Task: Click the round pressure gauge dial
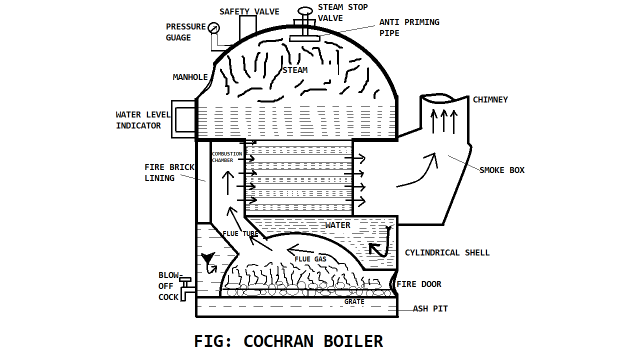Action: [214, 27]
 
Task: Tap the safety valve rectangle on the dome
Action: [247, 27]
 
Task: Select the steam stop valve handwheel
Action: [304, 11]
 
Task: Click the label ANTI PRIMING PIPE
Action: [409, 27]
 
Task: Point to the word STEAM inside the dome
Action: [295, 70]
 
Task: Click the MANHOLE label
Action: [190, 77]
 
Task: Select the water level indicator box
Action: [183, 119]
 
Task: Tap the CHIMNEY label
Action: [490, 99]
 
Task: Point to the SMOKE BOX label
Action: [502, 170]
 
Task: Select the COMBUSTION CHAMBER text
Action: [226, 157]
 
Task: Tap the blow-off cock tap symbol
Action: [186, 289]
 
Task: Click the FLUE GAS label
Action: [310, 259]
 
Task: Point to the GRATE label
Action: [354, 301]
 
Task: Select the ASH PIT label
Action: [430, 308]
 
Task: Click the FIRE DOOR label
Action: [419, 284]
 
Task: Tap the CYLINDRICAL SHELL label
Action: [447, 252]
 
